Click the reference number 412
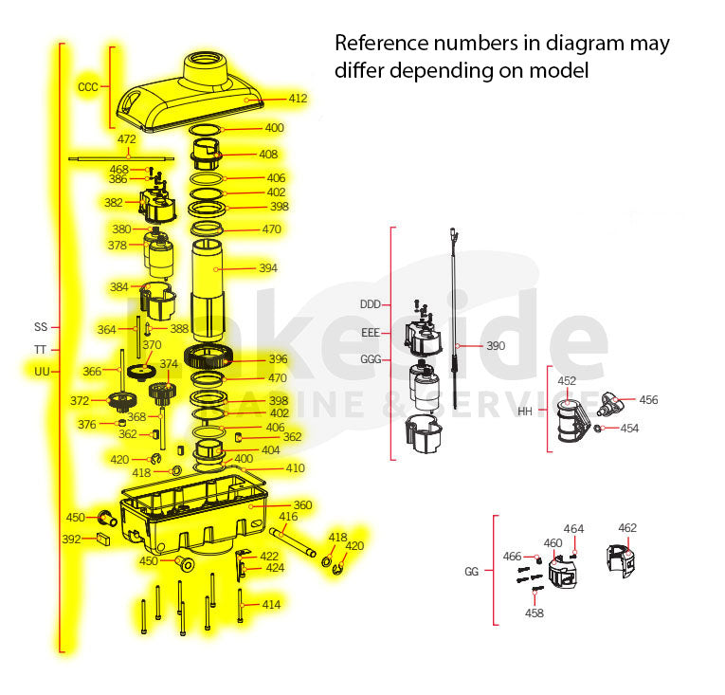click(298, 98)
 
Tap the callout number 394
click(268, 268)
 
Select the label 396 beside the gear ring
click(279, 358)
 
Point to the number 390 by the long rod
click(496, 346)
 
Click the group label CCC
click(88, 87)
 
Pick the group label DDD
click(371, 304)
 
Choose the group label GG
click(472, 572)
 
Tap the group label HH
click(525, 412)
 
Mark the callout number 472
click(127, 139)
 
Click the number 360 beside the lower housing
click(303, 504)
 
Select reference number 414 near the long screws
click(271, 604)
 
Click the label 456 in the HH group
click(648, 400)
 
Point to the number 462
click(627, 527)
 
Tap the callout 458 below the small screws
click(535, 613)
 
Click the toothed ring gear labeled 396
click(208, 357)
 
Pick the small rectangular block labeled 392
click(103, 540)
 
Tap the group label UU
click(42, 372)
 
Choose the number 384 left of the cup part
click(118, 287)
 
